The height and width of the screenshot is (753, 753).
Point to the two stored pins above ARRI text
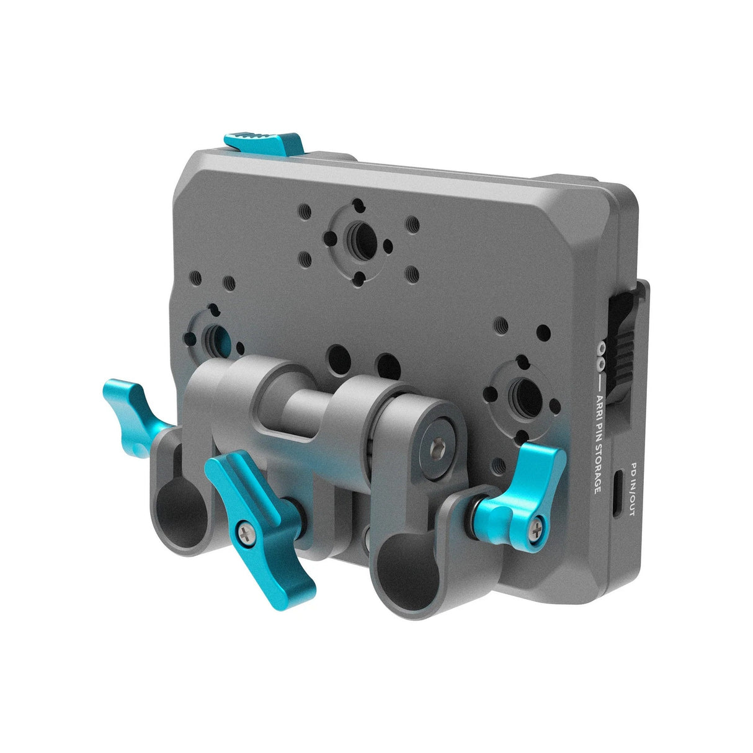click(600, 357)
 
